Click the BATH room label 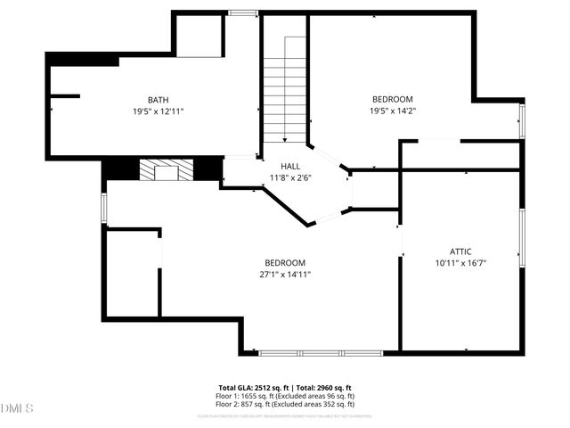159,100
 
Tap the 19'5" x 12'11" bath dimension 159,111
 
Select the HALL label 291,167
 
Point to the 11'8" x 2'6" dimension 291,177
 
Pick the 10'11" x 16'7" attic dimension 460,263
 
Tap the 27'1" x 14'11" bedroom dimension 285,274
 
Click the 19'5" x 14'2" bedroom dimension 393,111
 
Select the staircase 284,89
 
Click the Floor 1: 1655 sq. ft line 285,396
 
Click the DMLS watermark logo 17,408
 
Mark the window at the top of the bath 240,13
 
